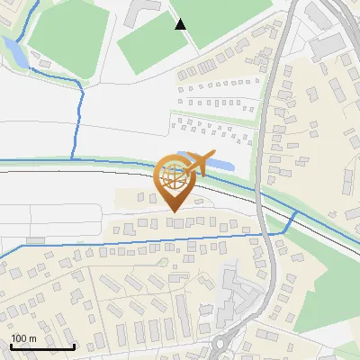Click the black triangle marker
tap(181, 24)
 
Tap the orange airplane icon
tap(200, 163)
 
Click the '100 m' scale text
tap(23, 338)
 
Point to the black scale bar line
tap(42, 347)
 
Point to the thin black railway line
tap(90, 170)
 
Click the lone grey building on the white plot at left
tap(36, 240)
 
